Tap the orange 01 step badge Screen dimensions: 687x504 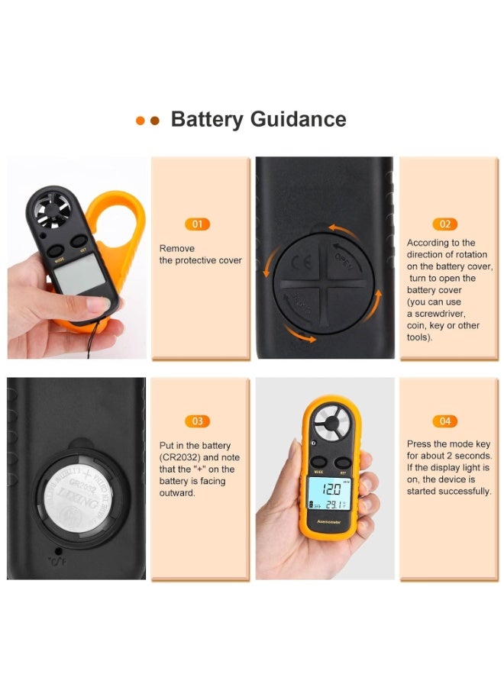197,224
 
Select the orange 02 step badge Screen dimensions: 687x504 444,224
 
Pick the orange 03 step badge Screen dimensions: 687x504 197,421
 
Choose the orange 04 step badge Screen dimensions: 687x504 444,421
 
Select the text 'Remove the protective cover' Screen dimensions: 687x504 200,254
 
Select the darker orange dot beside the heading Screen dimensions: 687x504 155,121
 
